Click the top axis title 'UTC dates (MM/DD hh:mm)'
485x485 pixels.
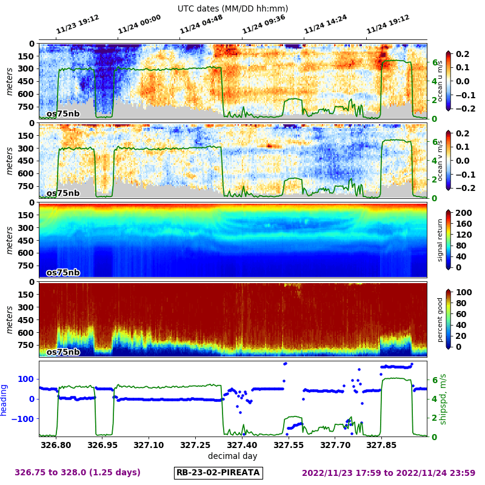pyautogui.click(x=233, y=8)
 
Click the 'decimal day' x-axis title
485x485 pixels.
pyautogui.click(x=232, y=456)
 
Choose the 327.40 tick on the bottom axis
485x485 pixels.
pyautogui.click(x=242, y=445)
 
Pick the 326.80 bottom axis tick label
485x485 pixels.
pyautogui.click(x=56, y=445)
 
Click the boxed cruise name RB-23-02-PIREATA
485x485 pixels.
pyautogui.click(x=218, y=472)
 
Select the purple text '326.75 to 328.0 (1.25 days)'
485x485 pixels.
pyautogui.click(x=78, y=472)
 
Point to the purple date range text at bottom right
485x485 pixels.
pyautogui.click(x=388, y=472)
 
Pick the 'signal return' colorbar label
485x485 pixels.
pyautogui.click(x=441, y=240)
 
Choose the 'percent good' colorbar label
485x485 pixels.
pyautogui.click(x=441, y=319)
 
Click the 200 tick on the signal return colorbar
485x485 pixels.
pyautogui.click(x=463, y=213)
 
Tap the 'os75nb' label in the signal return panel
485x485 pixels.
pyautogui.click(x=63, y=273)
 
